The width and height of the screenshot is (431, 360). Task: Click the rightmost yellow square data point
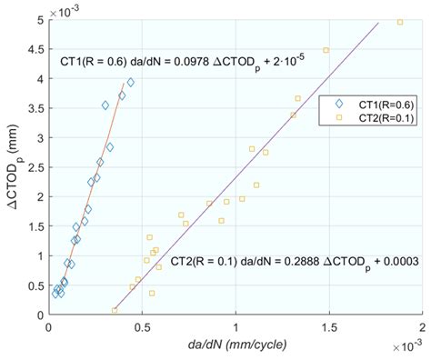click(x=400, y=22)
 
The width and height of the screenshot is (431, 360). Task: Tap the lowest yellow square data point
click(x=115, y=310)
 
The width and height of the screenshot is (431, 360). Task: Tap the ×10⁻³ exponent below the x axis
click(x=409, y=346)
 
